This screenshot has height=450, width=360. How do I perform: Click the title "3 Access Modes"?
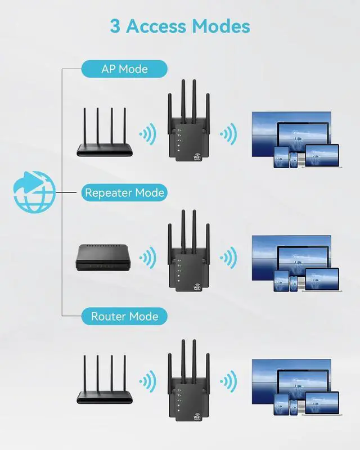click(180, 26)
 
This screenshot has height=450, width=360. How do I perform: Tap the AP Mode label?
click(124, 69)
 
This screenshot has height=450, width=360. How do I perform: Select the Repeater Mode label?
click(124, 193)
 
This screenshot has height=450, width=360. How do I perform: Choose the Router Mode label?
click(124, 317)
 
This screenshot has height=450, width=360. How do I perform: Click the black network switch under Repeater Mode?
click(105, 259)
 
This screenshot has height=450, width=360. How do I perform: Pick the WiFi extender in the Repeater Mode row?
click(188, 256)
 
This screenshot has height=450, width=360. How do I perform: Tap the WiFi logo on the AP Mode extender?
click(197, 158)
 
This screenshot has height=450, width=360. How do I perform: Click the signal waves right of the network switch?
click(148, 258)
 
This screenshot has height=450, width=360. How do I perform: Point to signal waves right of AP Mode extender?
click(228, 134)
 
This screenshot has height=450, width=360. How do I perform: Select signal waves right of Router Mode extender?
click(228, 382)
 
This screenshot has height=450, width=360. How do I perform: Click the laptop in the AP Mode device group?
click(321, 156)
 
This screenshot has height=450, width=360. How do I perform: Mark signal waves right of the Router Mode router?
click(148, 382)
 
